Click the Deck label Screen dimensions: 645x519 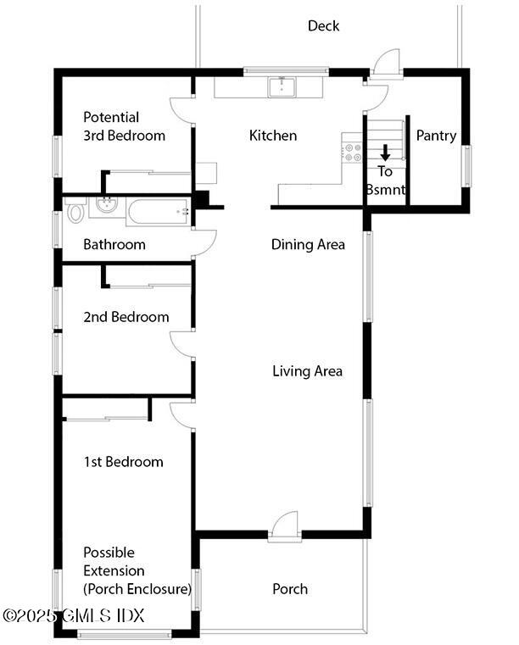[323, 26]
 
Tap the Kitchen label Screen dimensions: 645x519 [272, 136]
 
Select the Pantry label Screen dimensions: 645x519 [436, 136]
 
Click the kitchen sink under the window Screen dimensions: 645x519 [281, 86]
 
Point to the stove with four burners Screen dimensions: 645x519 [352, 153]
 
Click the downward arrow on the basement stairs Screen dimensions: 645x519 [385, 153]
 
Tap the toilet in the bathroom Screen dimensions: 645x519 [75, 210]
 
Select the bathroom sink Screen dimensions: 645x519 [107, 205]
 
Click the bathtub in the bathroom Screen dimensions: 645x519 [159, 210]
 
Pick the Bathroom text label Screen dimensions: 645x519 [114, 245]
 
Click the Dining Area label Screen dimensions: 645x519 [308, 245]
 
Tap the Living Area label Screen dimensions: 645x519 [307, 371]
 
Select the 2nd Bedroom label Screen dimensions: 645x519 [126, 317]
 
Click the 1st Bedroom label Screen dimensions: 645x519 [123, 462]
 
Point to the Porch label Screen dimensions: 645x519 [290, 589]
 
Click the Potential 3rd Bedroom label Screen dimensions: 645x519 [124, 126]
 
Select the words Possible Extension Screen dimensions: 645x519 [114, 562]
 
